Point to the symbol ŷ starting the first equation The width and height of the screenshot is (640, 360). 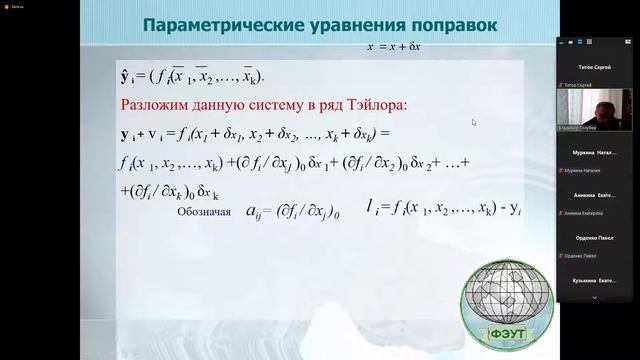[x=126, y=75]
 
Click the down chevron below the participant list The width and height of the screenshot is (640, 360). [x=596, y=297]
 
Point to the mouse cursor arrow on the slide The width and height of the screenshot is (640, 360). [x=473, y=122]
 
